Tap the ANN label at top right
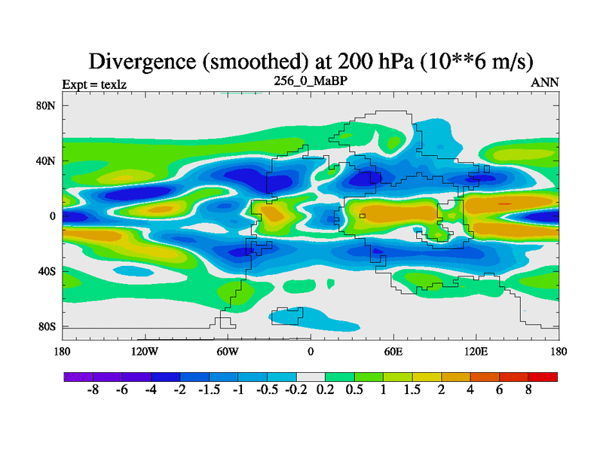(545, 82)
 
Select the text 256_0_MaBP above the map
(311, 81)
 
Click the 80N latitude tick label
(47, 105)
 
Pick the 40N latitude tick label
(47, 160)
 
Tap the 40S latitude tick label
(47, 270)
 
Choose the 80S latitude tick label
(47, 326)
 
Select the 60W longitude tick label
(228, 351)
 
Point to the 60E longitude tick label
(393, 351)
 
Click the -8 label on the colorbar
(93, 391)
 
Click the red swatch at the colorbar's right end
(543, 377)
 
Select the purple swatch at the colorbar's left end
(78, 377)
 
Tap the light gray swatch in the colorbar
(311, 377)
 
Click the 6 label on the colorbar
(499, 391)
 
